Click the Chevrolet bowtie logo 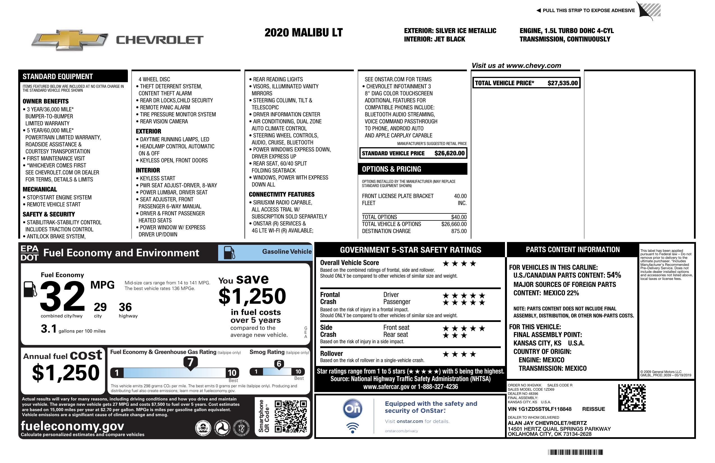tap(70, 40)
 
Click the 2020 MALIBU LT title tap(303, 33)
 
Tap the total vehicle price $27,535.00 tap(562, 83)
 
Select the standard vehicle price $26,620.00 tap(449, 153)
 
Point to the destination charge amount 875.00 tap(459, 231)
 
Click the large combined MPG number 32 tap(63, 296)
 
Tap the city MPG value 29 tap(100, 307)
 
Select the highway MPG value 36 tap(125, 307)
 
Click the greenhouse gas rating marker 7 tap(190, 362)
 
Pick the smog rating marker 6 tap(279, 364)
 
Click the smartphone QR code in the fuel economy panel tap(290, 416)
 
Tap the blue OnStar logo tap(352, 409)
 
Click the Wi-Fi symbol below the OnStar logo tap(352, 428)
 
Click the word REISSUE tap(593, 409)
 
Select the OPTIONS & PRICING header tap(391, 169)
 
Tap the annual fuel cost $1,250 tap(66, 373)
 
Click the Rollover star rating tap(459, 354)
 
